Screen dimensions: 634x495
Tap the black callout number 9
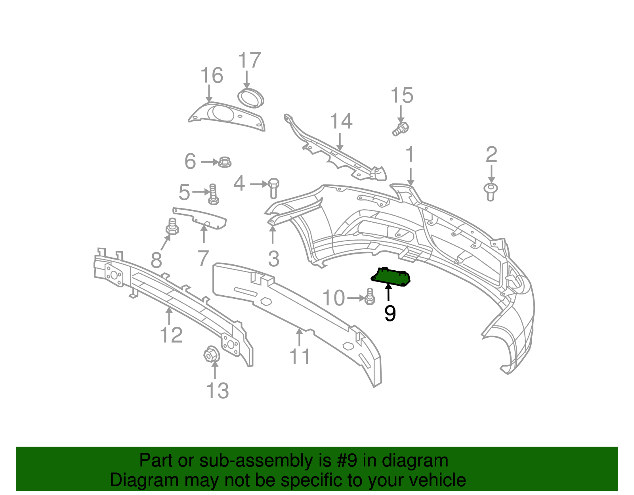390,313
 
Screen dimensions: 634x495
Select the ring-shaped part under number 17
250,98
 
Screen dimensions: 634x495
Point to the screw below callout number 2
491,192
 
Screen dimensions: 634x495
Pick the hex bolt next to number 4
273,188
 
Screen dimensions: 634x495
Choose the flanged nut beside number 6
225,162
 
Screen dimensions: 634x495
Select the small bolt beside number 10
370,296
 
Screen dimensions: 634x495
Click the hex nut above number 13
212,354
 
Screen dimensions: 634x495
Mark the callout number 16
212,75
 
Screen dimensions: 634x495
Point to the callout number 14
341,121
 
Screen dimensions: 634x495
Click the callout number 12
171,335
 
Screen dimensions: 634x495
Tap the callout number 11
299,356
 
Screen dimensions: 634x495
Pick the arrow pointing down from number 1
411,176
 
